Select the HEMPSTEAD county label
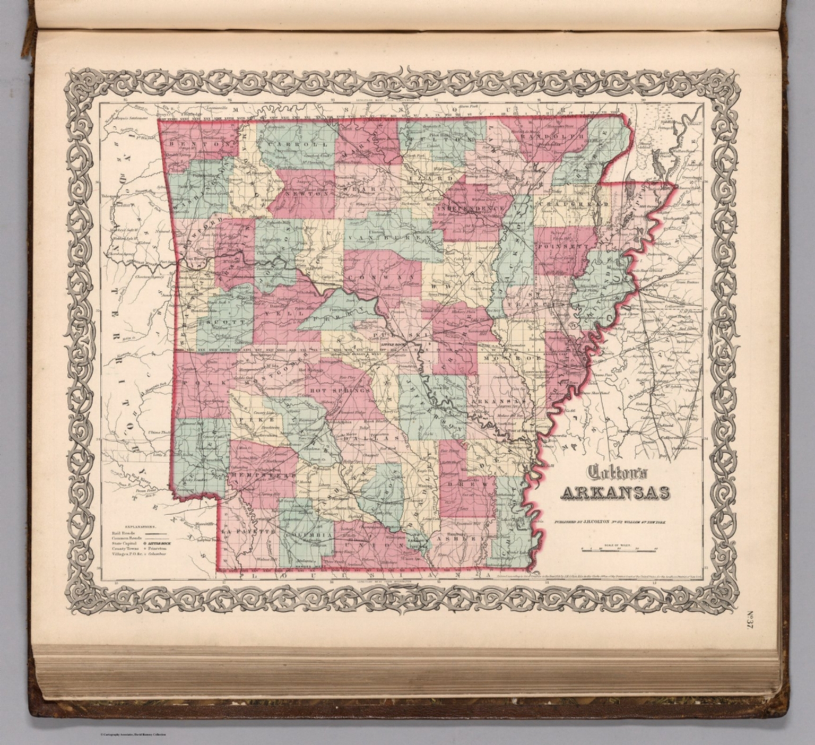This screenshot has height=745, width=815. coord(264,475)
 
